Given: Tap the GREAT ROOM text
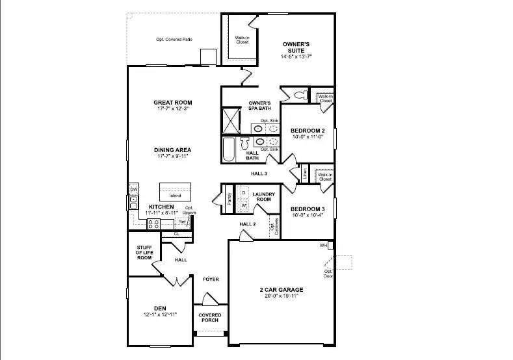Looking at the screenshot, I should [173, 103].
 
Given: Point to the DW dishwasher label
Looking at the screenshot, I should [134, 190].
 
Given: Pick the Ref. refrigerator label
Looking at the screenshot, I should [183, 222].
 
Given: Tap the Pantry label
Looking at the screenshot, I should [230, 197].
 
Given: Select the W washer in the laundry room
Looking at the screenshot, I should [244, 205].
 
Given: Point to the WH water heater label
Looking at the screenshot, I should [323, 246].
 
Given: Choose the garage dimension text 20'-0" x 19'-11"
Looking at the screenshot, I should [280, 298].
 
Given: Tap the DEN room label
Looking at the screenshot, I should [159, 308].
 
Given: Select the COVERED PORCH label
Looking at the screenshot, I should [210, 318].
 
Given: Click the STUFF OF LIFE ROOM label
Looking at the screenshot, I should [144, 253].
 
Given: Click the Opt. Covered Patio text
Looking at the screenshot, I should [174, 40].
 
